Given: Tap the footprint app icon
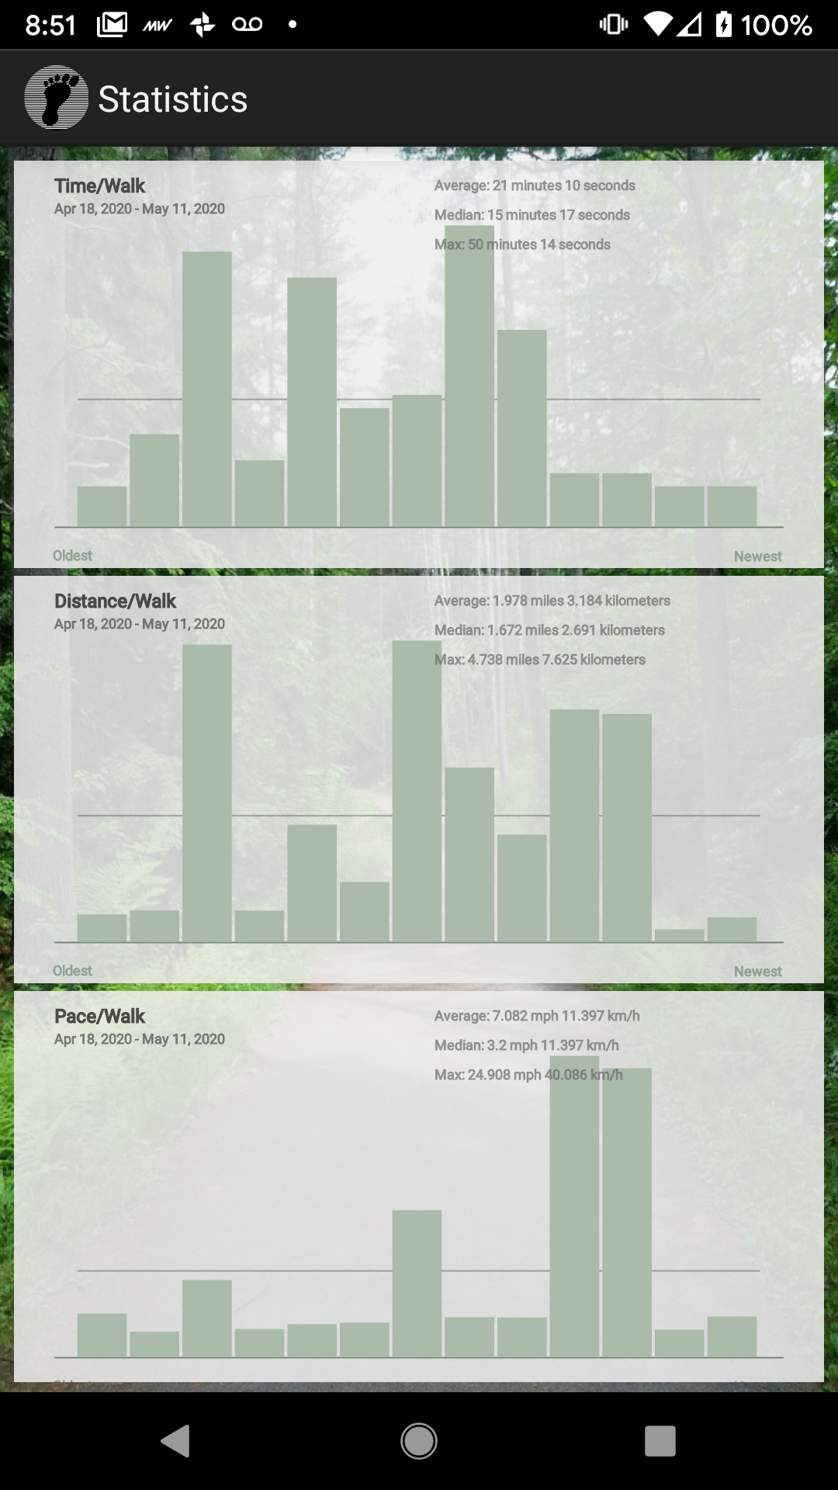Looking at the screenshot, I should pyautogui.click(x=56, y=98).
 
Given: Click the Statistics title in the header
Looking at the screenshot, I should pyautogui.click(x=172, y=99).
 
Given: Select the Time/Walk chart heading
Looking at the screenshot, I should pyautogui.click(x=99, y=186).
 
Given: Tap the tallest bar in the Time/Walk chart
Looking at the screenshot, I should pyautogui.click(x=469, y=388).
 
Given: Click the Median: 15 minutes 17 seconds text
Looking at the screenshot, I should pyautogui.click(x=532, y=215).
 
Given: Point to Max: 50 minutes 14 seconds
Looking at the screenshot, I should pyautogui.click(x=522, y=244).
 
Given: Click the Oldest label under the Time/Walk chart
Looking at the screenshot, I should pyautogui.click(x=72, y=556).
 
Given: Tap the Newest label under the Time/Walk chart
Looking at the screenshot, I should pyautogui.click(x=757, y=556).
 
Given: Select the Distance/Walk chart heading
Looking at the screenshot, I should pyautogui.click(x=115, y=601).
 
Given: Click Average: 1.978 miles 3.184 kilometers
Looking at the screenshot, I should pyautogui.click(x=552, y=601).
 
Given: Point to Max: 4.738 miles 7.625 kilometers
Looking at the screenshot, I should pyautogui.click(x=539, y=660).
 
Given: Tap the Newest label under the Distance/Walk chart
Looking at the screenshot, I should pyautogui.click(x=757, y=972).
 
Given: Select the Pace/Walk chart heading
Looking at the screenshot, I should pyautogui.click(x=99, y=1017).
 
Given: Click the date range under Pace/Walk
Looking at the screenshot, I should pyautogui.click(x=140, y=1039).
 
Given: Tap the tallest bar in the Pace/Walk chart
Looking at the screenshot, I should pyautogui.click(x=574, y=1211).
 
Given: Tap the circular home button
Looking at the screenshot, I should pyautogui.click(x=419, y=1441).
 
